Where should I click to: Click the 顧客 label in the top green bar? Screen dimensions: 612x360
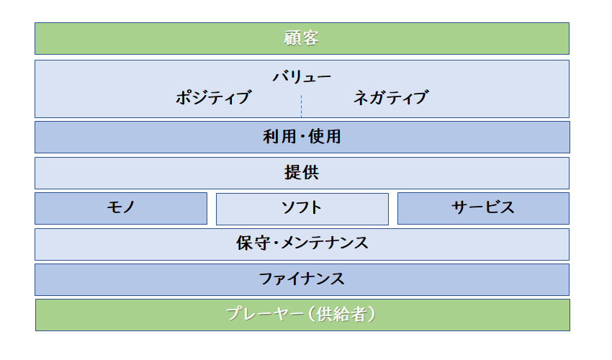[301, 38]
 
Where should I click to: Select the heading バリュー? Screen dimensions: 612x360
[301, 76]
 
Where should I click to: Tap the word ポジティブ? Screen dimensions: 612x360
[213, 98]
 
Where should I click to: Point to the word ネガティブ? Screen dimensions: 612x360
[391, 98]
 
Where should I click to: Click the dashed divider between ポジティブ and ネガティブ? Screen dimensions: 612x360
[301, 106]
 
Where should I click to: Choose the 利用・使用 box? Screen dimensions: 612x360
[302, 137]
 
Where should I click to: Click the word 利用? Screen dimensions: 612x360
[279, 137]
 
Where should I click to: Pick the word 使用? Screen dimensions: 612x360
[324, 137]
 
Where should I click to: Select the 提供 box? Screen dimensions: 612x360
[302, 173]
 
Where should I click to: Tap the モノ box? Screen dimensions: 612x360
[121, 209]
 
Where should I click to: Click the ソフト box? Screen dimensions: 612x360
[302, 209]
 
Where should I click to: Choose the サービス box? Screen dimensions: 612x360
[483, 209]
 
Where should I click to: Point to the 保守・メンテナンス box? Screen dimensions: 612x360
[302, 244]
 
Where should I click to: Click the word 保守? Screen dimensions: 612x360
[253, 243]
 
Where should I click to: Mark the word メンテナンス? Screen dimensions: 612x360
[325, 243]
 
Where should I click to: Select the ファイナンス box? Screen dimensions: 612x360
[302, 279]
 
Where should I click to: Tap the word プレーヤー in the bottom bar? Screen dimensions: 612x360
[265, 314]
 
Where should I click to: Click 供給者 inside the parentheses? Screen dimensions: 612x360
[341, 314]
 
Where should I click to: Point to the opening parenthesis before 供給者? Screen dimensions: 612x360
[312, 315]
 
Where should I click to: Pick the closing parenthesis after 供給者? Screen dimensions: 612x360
[372, 315]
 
